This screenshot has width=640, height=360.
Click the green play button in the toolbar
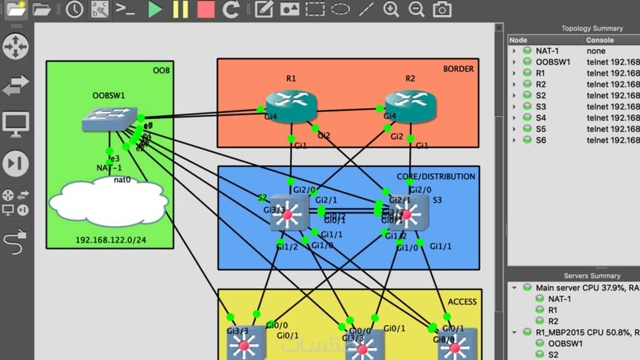tap(155, 9)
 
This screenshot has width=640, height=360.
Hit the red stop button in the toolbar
tap(206, 9)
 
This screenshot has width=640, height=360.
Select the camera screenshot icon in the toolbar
tap(442, 9)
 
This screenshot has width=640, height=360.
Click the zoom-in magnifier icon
tap(391, 9)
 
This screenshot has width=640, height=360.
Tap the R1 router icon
tap(291, 106)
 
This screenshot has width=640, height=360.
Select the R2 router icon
tap(411, 106)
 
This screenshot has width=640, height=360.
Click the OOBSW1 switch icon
tap(109, 118)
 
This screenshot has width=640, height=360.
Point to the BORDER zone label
tap(458, 69)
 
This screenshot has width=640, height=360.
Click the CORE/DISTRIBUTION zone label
tap(436, 176)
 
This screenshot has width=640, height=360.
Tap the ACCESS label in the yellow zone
tap(462, 302)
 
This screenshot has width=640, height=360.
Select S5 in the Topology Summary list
tap(541, 129)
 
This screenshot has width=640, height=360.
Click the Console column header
tap(599, 40)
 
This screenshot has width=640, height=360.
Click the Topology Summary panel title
tap(591, 28)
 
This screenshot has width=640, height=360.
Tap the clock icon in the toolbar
tap(74, 9)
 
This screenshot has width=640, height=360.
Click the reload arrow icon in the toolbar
tap(231, 9)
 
